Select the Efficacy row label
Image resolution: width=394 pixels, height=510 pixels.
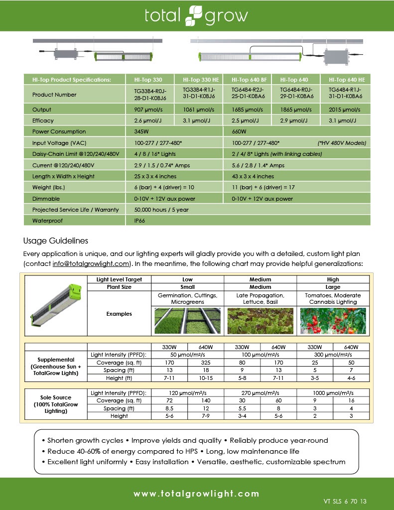(x=43, y=121)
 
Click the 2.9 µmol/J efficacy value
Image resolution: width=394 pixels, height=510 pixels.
(x=294, y=121)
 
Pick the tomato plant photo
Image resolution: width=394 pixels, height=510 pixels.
(x=333, y=321)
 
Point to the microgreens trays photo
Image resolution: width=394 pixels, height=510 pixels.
(x=187, y=321)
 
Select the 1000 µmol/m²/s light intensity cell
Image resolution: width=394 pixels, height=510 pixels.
(x=333, y=393)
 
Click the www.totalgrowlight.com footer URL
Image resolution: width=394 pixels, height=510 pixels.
(x=196, y=494)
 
